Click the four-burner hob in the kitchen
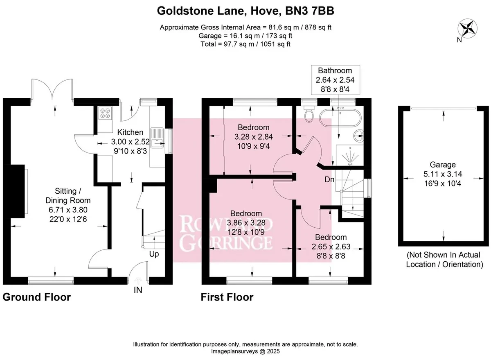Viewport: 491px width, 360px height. pos(105,113)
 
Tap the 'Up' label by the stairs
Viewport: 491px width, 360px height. pos(154,254)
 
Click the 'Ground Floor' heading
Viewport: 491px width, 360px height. pos(37,297)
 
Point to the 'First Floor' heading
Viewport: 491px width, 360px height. pos(227,297)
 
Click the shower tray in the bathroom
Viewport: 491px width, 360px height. pos(349,155)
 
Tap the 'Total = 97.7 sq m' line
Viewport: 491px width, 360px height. pos(245,44)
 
